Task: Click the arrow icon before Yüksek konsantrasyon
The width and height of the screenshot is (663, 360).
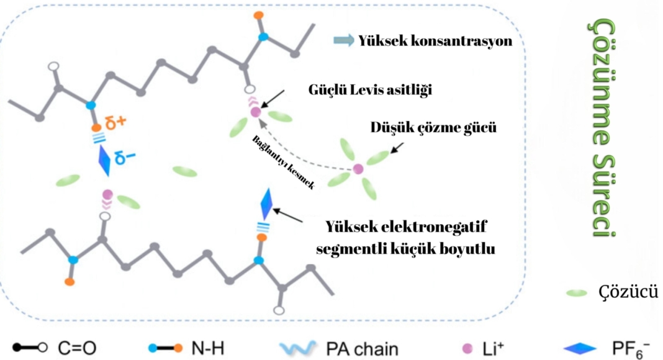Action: tap(344, 41)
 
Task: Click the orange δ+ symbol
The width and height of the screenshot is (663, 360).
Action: tap(115, 122)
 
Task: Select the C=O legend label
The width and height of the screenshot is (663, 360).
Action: tap(78, 348)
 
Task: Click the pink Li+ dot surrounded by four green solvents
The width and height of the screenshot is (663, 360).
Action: tap(358, 168)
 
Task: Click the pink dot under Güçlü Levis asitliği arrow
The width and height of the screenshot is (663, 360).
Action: tap(255, 112)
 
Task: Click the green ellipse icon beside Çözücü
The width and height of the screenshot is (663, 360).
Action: tap(577, 292)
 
